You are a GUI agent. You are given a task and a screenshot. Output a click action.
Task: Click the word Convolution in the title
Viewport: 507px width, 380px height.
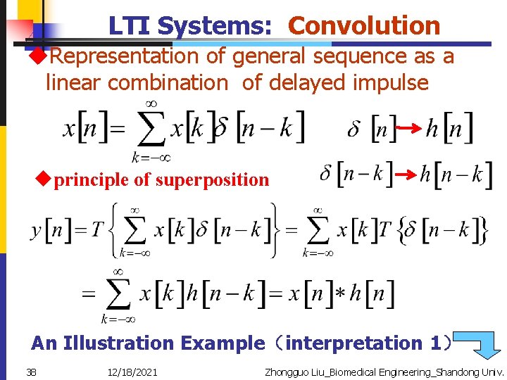pyautogui.click(x=364, y=26)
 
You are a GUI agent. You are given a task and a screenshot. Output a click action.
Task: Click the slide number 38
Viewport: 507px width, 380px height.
pyautogui.click(x=32, y=372)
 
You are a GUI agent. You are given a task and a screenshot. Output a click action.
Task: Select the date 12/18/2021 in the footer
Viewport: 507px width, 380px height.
pyautogui.click(x=133, y=372)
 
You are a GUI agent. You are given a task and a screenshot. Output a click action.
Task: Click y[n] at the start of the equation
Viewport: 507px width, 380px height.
pyautogui.click(x=50, y=230)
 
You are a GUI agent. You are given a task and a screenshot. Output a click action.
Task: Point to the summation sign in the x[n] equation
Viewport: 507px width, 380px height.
pyautogui.click(x=151, y=130)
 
